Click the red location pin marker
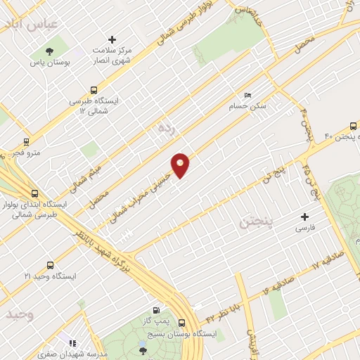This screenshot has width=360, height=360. pos(181,166)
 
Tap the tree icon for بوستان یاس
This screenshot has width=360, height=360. pos(49,51)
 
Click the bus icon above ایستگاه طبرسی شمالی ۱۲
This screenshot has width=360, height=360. pos(94,90)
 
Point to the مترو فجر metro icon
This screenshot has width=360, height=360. pos(27,141)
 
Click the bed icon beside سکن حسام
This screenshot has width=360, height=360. pos(247,95)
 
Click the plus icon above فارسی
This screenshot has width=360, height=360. pos(304,217)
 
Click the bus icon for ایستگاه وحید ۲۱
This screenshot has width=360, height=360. pos(49,265)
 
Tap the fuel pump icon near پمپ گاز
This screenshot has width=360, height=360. pos(156,310)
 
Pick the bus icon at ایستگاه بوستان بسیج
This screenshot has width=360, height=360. pos(182,323)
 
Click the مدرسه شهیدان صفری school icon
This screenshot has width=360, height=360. pos(71,342)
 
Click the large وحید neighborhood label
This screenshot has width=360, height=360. pos(20,314)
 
